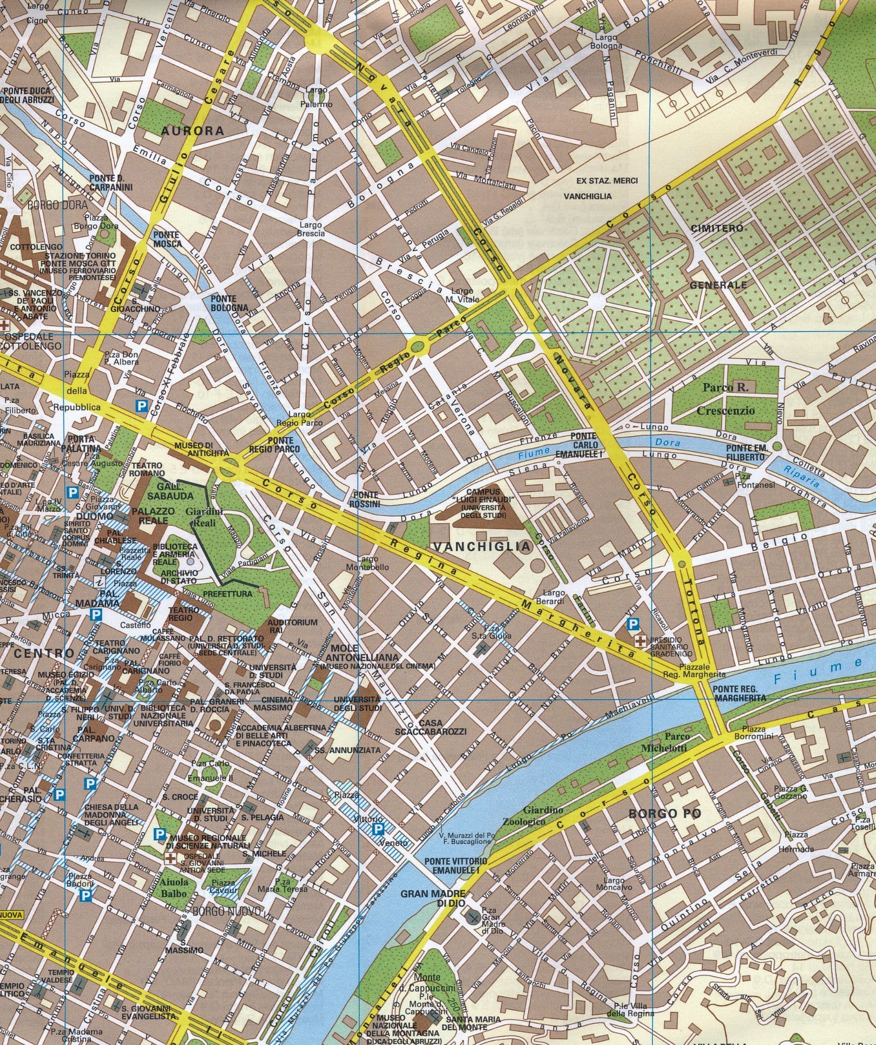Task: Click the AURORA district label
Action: click(x=193, y=131)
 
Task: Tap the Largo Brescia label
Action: click(x=311, y=229)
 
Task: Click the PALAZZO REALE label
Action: click(x=153, y=515)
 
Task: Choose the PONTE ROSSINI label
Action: click(x=366, y=499)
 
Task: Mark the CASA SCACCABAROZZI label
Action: click(x=430, y=728)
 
